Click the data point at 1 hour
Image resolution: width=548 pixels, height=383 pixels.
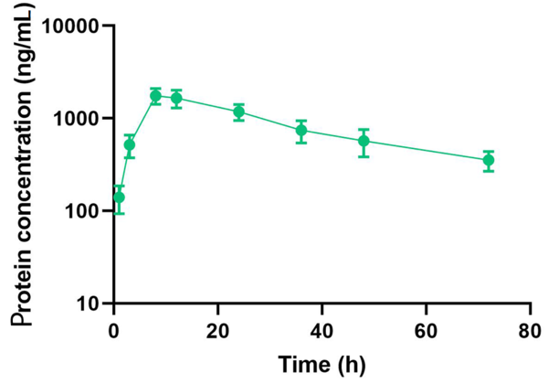pos(119,197)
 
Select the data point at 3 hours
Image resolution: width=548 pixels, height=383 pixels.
pos(130,144)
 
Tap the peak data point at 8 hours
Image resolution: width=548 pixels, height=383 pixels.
pos(155,96)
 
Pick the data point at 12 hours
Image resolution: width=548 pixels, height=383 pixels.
pos(176,98)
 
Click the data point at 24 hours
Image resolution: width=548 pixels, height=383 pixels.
pos(239,112)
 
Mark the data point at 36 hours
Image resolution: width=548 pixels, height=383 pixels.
pos(301,130)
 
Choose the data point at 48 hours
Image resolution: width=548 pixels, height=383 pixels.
pos(364,141)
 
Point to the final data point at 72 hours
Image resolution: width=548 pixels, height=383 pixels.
pos(489,160)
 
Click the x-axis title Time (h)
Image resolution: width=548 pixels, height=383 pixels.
pos(321,363)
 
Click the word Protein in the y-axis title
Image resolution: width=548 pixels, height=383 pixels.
pos(20,283)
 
